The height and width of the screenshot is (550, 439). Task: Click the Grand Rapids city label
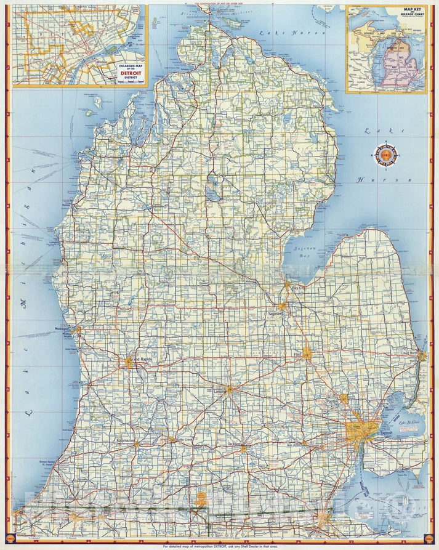pos(139,358)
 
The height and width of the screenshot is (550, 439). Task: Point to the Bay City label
pos(298,288)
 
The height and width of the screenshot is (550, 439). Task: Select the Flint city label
pos(298,355)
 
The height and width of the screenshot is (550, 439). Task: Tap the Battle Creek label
pos(183,440)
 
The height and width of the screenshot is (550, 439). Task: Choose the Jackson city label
pos(235,443)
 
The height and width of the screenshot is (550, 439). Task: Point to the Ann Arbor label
pos(292,445)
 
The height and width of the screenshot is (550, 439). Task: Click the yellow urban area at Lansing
pos(229,389)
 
